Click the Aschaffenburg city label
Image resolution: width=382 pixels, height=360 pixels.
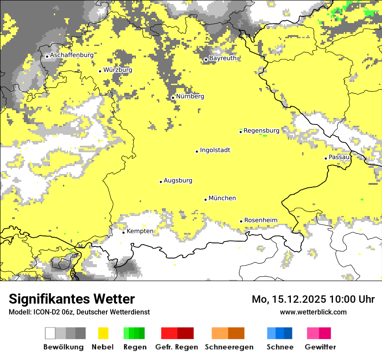72,56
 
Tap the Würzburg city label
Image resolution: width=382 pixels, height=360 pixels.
118,70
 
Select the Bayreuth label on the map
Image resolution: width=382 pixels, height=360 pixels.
223,58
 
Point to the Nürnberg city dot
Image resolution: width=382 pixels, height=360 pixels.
173,98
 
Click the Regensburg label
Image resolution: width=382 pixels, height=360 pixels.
261,131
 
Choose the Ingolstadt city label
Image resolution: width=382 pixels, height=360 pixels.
215,151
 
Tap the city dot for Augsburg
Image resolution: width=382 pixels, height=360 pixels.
161,182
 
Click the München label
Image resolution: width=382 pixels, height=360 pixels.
222,198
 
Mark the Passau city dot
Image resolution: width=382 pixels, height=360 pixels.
326,158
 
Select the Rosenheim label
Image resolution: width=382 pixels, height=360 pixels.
260,220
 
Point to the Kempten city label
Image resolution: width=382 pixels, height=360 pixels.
140,231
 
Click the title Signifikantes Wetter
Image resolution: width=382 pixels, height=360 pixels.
72,299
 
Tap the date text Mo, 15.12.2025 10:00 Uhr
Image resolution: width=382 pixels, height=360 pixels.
313,299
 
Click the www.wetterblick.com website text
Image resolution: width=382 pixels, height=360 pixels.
313,312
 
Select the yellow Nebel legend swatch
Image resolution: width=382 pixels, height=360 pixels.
103,333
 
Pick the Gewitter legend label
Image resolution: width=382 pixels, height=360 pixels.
320,347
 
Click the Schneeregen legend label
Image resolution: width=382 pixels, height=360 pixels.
229,347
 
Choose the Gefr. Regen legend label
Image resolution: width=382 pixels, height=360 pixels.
177,347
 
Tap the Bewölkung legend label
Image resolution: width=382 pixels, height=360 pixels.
63,347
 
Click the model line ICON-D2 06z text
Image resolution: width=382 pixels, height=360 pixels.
79,312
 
